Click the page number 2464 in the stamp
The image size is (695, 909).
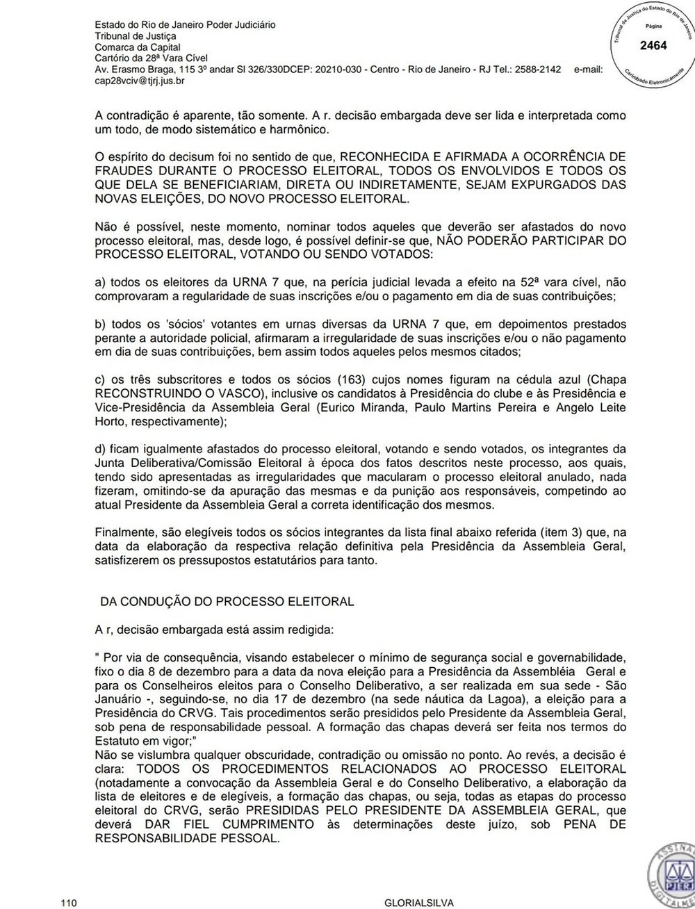coord(653,46)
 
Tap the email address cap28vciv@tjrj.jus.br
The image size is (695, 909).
coord(140,81)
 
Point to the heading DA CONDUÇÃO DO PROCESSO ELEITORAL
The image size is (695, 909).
coord(227,601)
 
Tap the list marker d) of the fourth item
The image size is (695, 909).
coord(100,448)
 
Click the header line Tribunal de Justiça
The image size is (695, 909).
coord(135,35)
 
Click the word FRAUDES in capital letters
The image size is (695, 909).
coord(120,170)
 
